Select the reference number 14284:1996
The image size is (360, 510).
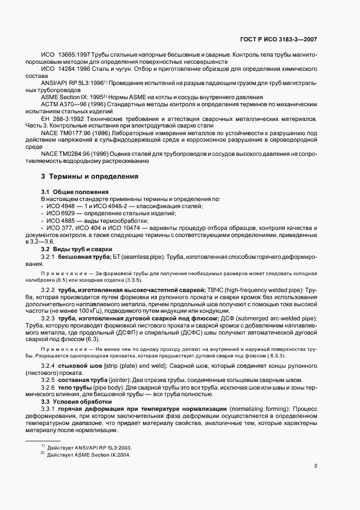click(74, 70)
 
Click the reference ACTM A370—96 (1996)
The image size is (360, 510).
click(74, 104)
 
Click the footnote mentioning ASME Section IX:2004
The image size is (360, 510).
click(89, 454)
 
